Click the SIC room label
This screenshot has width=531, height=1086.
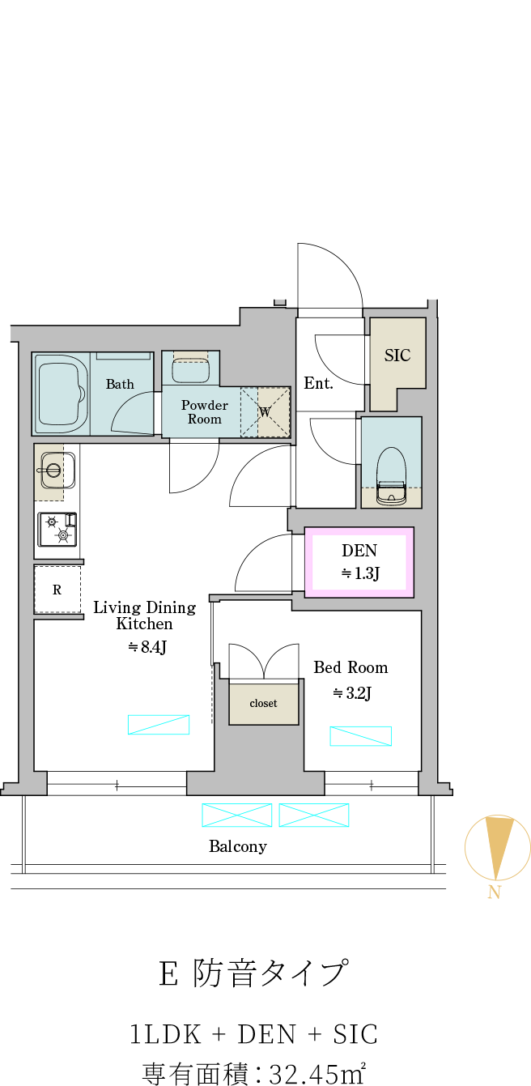coord(397,356)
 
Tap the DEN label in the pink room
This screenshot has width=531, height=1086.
coord(359,551)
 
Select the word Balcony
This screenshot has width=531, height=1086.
coord(238,846)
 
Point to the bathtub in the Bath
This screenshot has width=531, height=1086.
coord(61,394)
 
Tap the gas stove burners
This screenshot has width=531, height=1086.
coord(57,529)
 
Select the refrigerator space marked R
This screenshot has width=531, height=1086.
coord(57,590)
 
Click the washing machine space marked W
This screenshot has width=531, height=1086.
coord(265,412)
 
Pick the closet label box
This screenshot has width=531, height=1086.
coord(264,704)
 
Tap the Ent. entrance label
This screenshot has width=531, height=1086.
coord(318,384)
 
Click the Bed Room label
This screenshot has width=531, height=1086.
coord(350,667)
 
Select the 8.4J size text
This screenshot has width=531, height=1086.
coord(148,647)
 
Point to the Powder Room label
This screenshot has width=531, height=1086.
coord(205,412)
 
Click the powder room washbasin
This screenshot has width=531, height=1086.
coord(190,370)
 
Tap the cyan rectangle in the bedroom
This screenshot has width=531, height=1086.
coord(360,736)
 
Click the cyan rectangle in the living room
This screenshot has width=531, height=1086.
coord(159,724)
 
